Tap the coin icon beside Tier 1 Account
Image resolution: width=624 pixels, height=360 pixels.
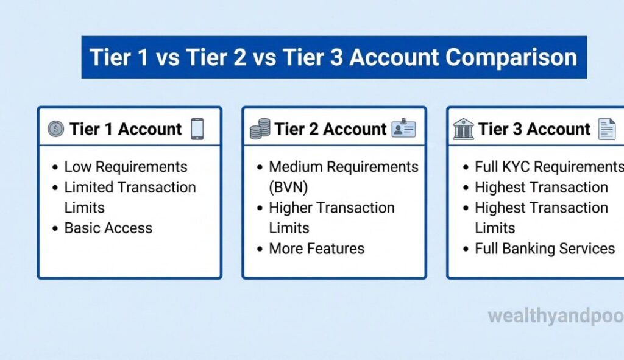tap(55, 129)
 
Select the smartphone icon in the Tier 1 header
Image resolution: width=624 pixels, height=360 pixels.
tap(197, 129)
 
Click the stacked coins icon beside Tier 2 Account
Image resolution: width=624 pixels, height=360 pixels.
tap(260, 129)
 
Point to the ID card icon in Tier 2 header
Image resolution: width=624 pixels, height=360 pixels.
tap(403, 129)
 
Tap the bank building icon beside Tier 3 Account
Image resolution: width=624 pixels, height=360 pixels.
tap(463, 129)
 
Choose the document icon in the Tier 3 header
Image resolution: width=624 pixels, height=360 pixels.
tap(606, 129)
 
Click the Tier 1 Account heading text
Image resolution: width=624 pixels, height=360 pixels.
tap(125, 129)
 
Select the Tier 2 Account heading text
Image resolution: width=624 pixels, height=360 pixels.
tap(330, 129)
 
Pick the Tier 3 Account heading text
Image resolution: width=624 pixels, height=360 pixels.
tap(534, 129)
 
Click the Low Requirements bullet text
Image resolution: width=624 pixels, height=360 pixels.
tap(126, 167)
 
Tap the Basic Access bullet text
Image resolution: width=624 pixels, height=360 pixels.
tap(108, 228)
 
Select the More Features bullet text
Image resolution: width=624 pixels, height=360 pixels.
tap(316, 249)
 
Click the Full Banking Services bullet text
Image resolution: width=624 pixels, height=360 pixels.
tap(545, 249)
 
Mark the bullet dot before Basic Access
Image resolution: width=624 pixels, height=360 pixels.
tap(55, 229)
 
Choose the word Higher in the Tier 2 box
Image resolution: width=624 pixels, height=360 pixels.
tap(291, 208)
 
